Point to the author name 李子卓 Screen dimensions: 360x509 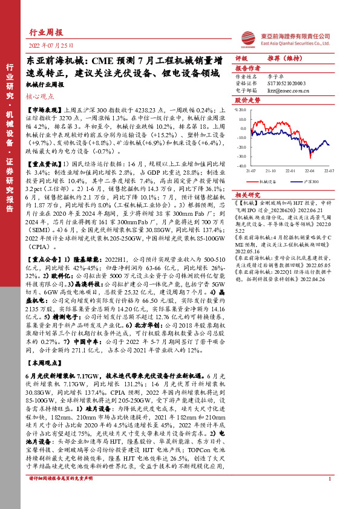[x=275, y=77]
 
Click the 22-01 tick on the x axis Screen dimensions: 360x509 [x=290, y=170]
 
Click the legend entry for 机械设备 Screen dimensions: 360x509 [x=267, y=180]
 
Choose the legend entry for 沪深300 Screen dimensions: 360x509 [x=309, y=180]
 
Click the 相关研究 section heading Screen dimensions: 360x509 [x=247, y=195]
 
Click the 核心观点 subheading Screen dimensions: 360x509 [x=39, y=95]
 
